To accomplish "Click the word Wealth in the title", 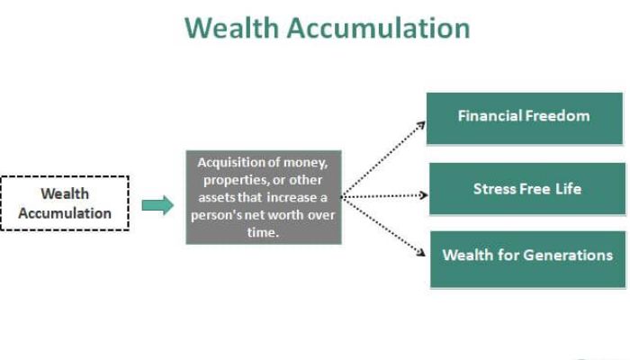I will coord(232,27).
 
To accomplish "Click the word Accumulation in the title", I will coord(378,27).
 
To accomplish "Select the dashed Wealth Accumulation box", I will coord(65,203).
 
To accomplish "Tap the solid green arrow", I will coord(157,205).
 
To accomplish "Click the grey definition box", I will coord(264,197).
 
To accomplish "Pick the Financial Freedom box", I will coord(524,118).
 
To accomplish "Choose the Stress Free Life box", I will coord(526,189).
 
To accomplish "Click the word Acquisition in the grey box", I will coord(231,162).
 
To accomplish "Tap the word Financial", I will coord(489,116).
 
